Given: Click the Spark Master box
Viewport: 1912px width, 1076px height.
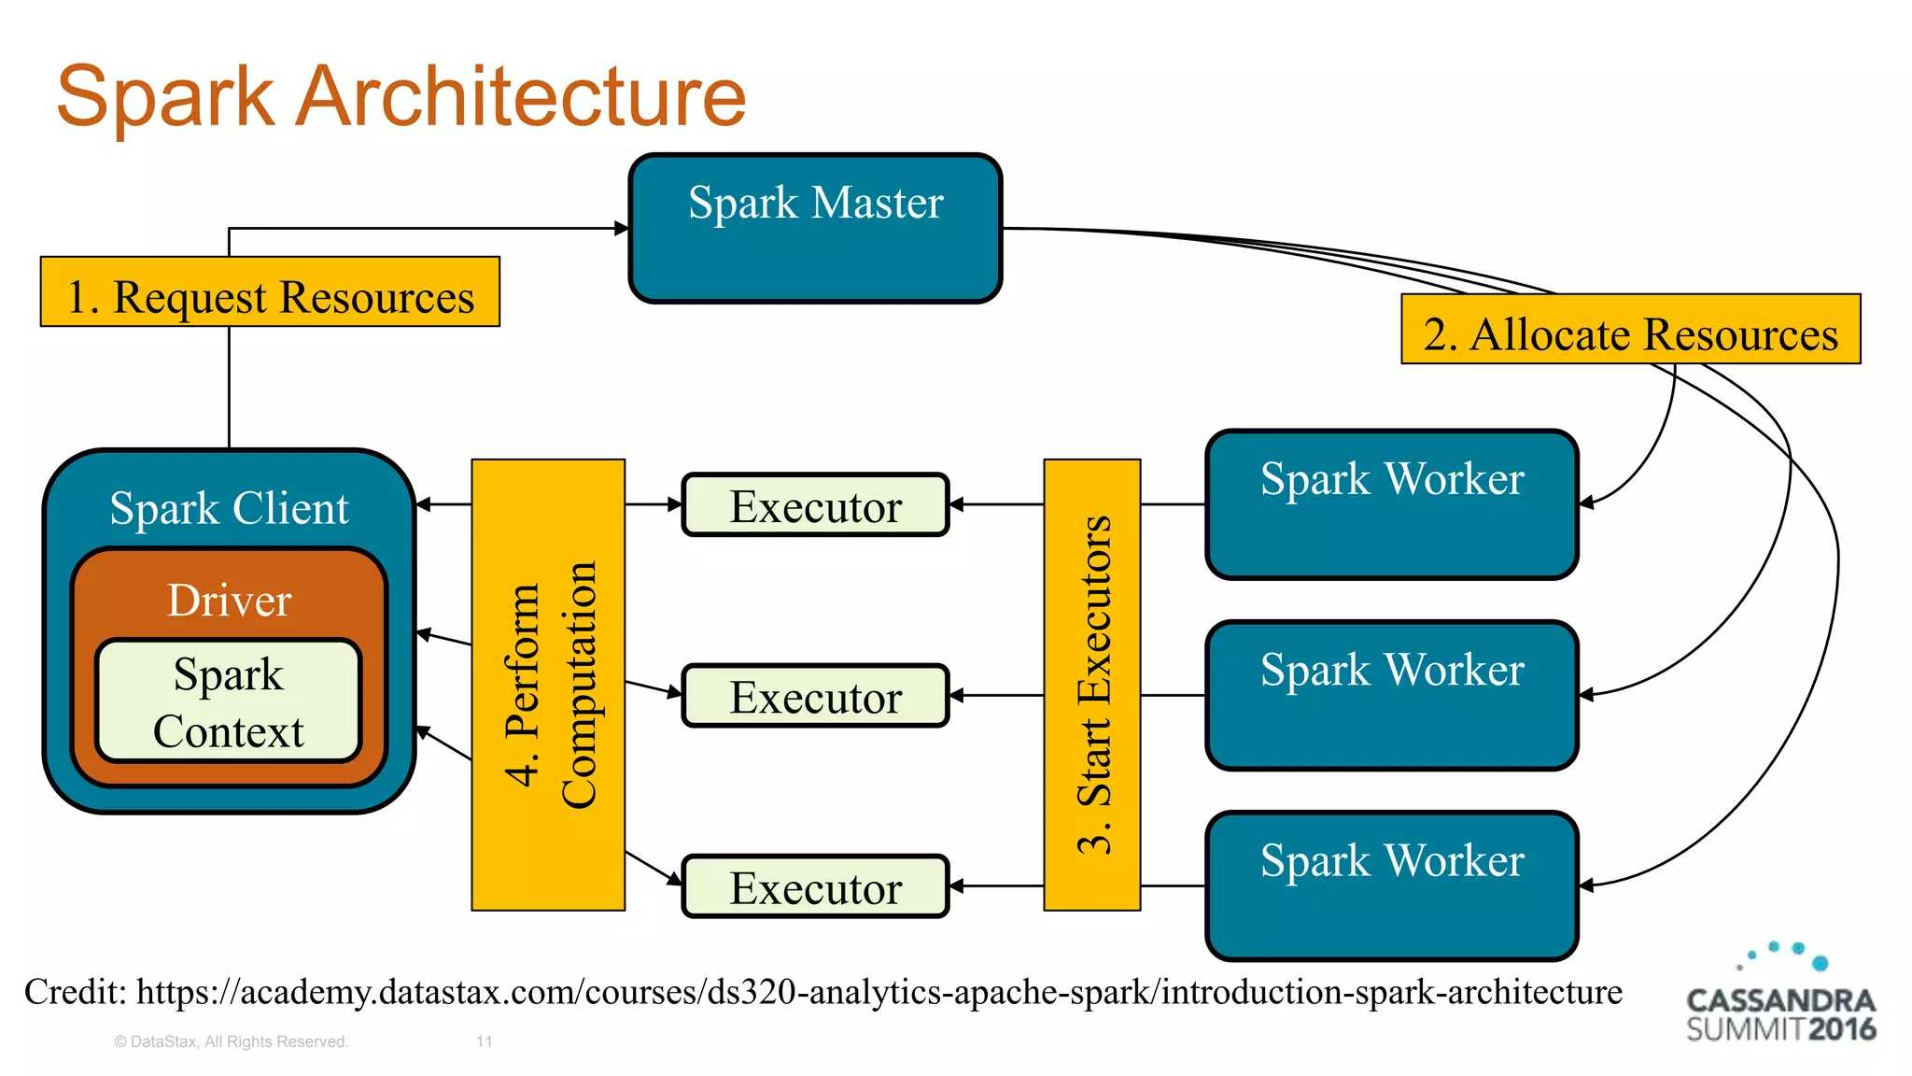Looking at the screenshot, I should [815, 229].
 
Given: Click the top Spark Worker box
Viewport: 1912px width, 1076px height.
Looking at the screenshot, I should [1391, 504].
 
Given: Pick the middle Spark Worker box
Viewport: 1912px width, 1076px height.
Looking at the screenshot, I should [1391, 696].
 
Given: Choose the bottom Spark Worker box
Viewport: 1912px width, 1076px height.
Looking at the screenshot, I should [1391, 885].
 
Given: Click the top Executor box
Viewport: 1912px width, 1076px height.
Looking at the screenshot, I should [815, 505].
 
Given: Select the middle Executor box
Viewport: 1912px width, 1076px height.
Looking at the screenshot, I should [815, 696].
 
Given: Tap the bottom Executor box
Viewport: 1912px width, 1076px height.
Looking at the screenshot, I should [815, 886].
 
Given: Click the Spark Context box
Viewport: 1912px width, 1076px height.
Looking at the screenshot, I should [228, 701].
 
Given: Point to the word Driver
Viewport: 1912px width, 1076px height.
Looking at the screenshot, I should [229, 600].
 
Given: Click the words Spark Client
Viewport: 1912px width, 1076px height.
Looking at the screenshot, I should [229, 508].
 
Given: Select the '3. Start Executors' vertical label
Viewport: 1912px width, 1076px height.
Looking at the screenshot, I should [1092, 685].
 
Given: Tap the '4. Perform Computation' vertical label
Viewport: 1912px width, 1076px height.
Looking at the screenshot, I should [548, 685].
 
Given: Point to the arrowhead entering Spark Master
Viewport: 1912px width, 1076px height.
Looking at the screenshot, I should [622, 228].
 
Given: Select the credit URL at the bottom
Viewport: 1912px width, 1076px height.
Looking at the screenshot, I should [878, 992].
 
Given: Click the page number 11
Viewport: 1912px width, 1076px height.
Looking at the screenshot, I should [484, 1041].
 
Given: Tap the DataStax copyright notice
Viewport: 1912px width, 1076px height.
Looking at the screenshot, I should [231, 1041].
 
